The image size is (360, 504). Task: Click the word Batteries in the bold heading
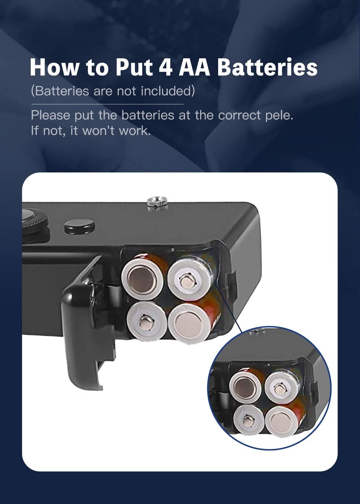267,67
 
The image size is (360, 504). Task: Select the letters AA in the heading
194,67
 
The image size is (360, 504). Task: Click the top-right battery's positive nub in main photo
186,280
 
